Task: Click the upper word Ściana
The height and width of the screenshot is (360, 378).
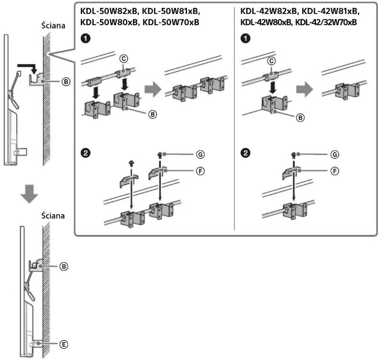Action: point(53,26)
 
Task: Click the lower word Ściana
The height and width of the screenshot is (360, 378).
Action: point(53,216)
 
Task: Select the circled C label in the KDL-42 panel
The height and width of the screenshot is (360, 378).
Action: point(271,61)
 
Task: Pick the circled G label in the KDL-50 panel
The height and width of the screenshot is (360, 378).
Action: point(200,154)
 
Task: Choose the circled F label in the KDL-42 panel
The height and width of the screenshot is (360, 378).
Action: point(335,171)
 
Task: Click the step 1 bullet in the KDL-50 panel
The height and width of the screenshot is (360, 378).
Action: point(86,38)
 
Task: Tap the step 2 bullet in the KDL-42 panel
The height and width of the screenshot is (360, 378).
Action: point(246,153)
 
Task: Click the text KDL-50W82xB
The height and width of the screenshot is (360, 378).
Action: point(109,11)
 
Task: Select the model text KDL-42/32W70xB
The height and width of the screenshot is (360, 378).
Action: point(326,22)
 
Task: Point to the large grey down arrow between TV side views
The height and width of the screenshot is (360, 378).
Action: point(29,194)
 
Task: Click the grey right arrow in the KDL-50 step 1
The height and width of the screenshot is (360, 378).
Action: point(153,89)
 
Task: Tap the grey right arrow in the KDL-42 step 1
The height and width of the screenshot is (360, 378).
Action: point(304,89)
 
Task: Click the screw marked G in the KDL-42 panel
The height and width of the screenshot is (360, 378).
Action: point(293,155)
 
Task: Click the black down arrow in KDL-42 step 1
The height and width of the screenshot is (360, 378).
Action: point(272,87)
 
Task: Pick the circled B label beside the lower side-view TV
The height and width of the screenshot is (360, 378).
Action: point(64,267)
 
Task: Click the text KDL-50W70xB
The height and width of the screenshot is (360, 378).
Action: point(171,22)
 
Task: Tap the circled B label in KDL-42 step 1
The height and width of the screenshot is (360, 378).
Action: point(300,117)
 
